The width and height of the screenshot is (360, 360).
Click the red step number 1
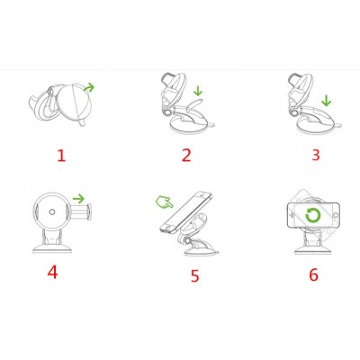coord(61,156)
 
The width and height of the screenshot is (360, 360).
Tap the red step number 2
coord(186,156)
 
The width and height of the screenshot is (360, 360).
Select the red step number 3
coord(316,155)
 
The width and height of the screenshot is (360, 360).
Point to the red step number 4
coord(52,272)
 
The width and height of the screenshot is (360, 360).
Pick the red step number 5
coord(195,275)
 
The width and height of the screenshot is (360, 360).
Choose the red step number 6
coord(314,274)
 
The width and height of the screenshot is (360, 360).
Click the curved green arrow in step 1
coord(89,87)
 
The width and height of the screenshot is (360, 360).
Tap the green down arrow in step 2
coord(198,91)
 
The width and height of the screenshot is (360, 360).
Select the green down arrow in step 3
coord(326,101)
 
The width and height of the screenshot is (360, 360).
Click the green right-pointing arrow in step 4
coord(79,198)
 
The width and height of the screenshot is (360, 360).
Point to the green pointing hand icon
coord(164,202)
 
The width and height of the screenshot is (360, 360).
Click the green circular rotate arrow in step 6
coord(313,215)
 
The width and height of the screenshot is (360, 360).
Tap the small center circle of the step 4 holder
coord(52,211)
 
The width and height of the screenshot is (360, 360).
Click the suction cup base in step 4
coord(53,248)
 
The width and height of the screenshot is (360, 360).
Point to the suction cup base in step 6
coord(312,250)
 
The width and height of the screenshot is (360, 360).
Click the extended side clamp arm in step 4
coord(80,212)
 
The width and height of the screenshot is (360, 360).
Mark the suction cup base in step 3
coord(312,127)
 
